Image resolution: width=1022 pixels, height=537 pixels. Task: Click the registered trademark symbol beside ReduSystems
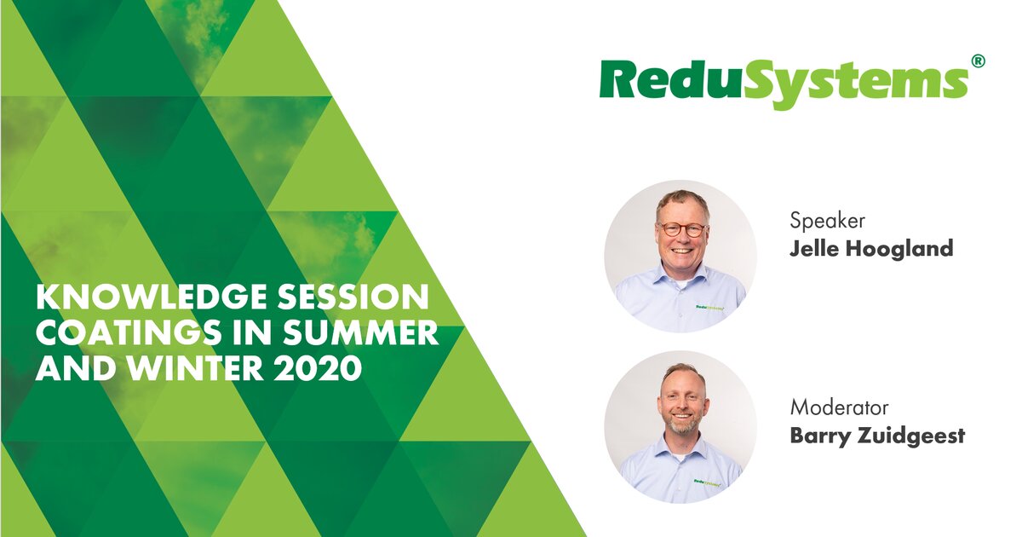979,61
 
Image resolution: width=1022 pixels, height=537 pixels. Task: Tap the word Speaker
828,221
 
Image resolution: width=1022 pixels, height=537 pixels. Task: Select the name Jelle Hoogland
871,250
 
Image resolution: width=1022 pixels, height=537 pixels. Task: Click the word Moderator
840,407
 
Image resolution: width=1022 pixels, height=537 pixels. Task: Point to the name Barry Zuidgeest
877,436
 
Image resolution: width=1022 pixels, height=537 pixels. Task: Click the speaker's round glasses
682,229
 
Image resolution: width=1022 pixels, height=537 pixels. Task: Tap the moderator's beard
682,424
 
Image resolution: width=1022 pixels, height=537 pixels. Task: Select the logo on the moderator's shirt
709,482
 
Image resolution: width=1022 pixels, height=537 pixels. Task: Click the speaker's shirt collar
681,277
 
